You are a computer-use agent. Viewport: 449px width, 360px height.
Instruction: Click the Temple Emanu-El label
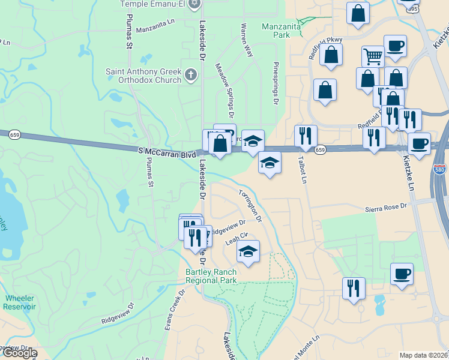pos(152,4)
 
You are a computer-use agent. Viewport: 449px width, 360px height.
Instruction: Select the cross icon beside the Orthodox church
pos(191,75)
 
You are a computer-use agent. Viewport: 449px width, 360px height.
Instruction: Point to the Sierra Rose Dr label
pos(386,208)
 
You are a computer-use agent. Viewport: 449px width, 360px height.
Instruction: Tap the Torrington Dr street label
pos(250,206)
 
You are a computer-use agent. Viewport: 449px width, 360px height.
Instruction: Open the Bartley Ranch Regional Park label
pos(211,276)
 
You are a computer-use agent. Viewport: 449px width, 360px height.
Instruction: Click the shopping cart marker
pos(373,57)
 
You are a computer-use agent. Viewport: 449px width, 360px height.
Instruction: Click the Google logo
pos(19,353)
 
